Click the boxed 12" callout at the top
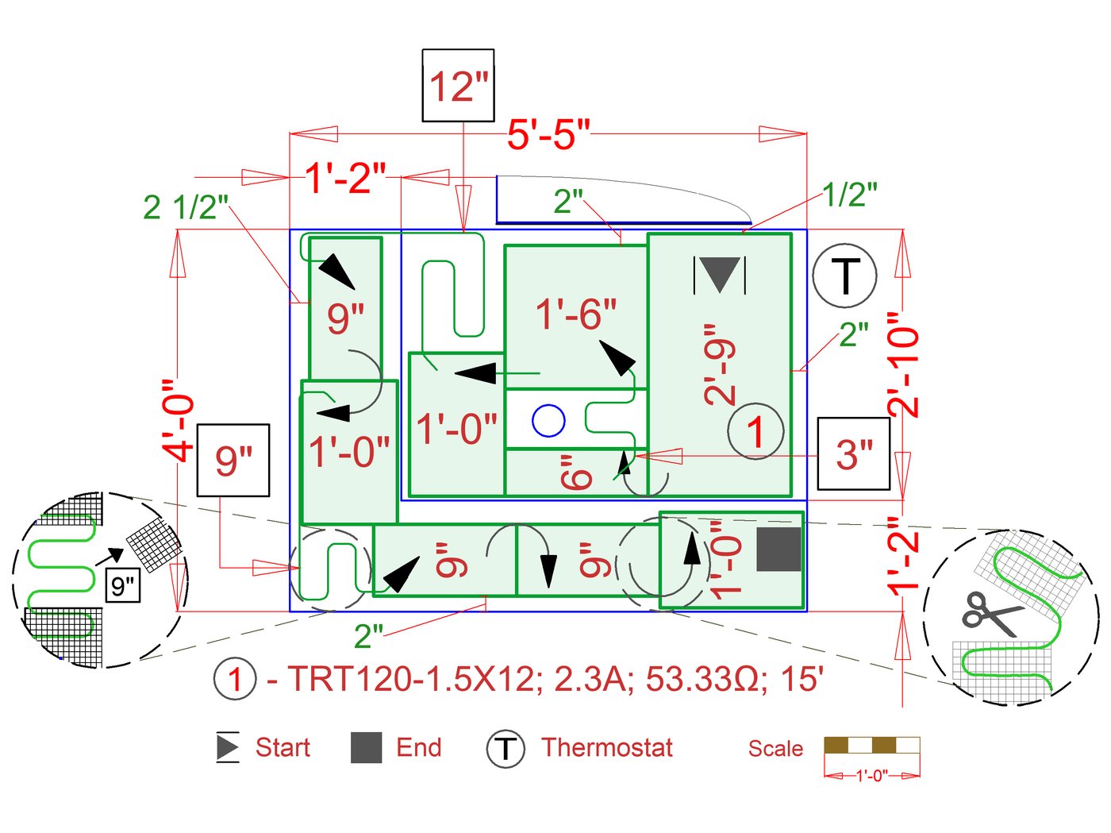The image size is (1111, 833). (458, 86)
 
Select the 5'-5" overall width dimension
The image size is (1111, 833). (548, 133)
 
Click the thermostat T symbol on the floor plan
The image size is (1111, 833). (845, 276)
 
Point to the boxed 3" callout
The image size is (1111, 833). (854, 454)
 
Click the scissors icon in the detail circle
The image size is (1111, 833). (992, 613)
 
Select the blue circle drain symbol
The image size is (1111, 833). (548, 420)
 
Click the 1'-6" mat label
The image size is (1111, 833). (576, 314)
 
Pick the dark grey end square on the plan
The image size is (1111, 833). (778, 550)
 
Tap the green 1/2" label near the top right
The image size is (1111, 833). (849, 194)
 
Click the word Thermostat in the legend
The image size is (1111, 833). (606, 747)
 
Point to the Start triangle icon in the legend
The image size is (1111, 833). (228, 747)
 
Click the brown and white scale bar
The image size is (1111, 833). (871, 745)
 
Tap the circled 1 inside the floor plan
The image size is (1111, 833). (755, 431)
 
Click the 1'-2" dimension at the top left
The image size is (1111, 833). (345, 177)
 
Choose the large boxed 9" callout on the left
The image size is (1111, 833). (233, 461)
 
